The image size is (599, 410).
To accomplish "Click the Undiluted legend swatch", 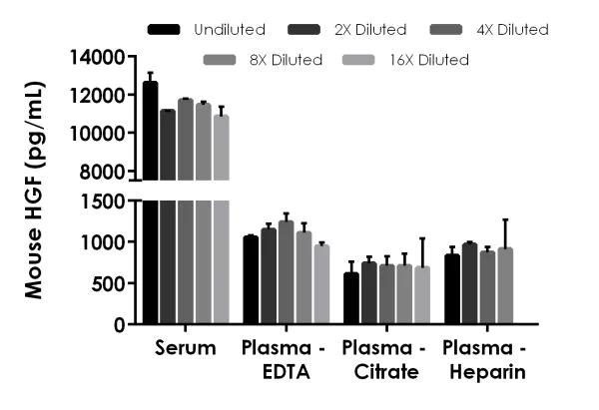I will [163, 30].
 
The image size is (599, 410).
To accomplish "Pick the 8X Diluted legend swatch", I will [221, 60].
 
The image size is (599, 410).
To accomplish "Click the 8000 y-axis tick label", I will [106, 171].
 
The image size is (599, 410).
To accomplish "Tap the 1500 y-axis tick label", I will [106, 201].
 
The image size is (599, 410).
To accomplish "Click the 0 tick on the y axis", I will [121, 324].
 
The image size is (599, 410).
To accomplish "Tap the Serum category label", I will [186, 349].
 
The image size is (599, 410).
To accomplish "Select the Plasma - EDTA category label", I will [286, 360].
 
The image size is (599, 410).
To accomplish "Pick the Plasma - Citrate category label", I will [385, 360].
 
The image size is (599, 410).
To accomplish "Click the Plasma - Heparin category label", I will [485, 360].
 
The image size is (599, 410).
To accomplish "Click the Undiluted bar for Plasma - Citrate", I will [350, 298].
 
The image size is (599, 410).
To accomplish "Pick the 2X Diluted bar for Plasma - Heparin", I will [469, 283].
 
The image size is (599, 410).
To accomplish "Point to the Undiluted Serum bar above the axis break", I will [150, 130].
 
